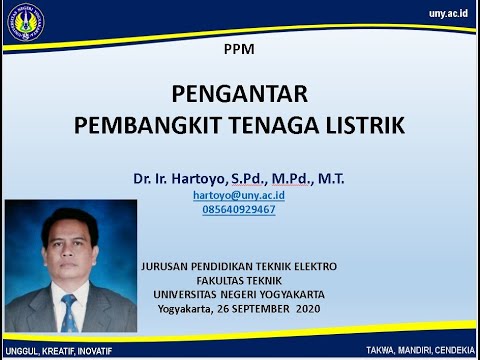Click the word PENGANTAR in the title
tap(239, 95)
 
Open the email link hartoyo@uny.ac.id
tap(239, 196)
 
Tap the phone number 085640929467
tap(239, 210)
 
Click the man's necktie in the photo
tap(69, 311)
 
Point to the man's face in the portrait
tap(69, 250)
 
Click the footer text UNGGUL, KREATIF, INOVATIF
tap(57, 352)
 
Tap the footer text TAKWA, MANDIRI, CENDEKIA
tap(420, 352)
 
